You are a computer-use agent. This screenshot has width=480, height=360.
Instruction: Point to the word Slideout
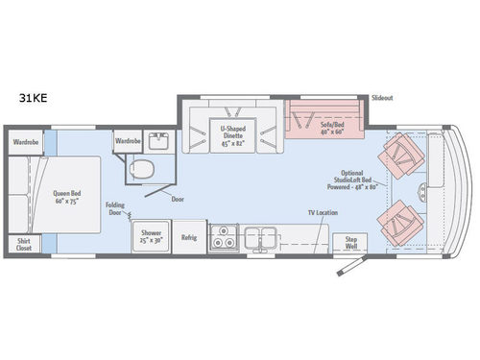click(382, 98)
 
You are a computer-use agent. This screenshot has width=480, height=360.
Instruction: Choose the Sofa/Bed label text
click(323, 129)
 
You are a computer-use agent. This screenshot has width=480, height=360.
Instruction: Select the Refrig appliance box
click(189, 238)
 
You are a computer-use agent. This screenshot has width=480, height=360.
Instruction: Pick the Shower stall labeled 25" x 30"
click(151, 237)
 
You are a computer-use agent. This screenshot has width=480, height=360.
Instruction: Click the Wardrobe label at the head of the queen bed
click(25, 141)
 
